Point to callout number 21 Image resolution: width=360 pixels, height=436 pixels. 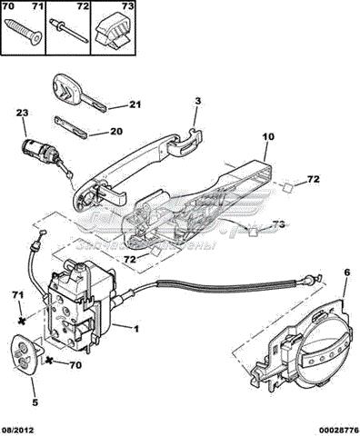click(x=135, y=105)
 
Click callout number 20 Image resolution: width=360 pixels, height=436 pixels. click(x=116, y=132)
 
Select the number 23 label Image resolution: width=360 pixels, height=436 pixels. click(x=23, y=114)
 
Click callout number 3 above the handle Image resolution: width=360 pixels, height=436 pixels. click(x=196, y=104)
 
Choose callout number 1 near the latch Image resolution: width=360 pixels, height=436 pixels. click(x=136, y=327)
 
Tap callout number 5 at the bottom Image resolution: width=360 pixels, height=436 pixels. click(x=35, y=402)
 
